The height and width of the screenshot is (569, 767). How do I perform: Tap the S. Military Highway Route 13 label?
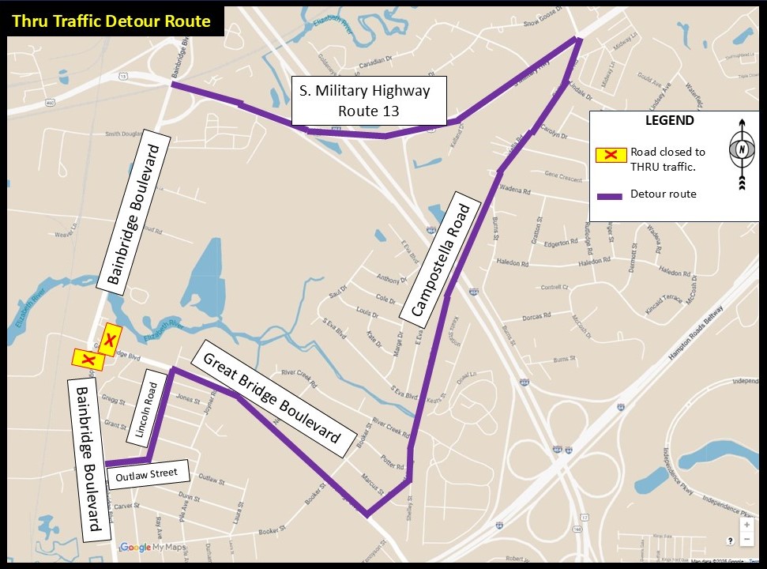369,101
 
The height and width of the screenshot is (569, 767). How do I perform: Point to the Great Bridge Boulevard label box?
272,398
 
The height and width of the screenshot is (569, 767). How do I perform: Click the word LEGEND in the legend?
669,121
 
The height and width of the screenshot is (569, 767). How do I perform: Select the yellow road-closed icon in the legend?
611,153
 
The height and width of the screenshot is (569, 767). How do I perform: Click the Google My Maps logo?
152,548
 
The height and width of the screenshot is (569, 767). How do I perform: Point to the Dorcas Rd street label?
536,317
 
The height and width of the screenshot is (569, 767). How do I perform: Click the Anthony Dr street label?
389,279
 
